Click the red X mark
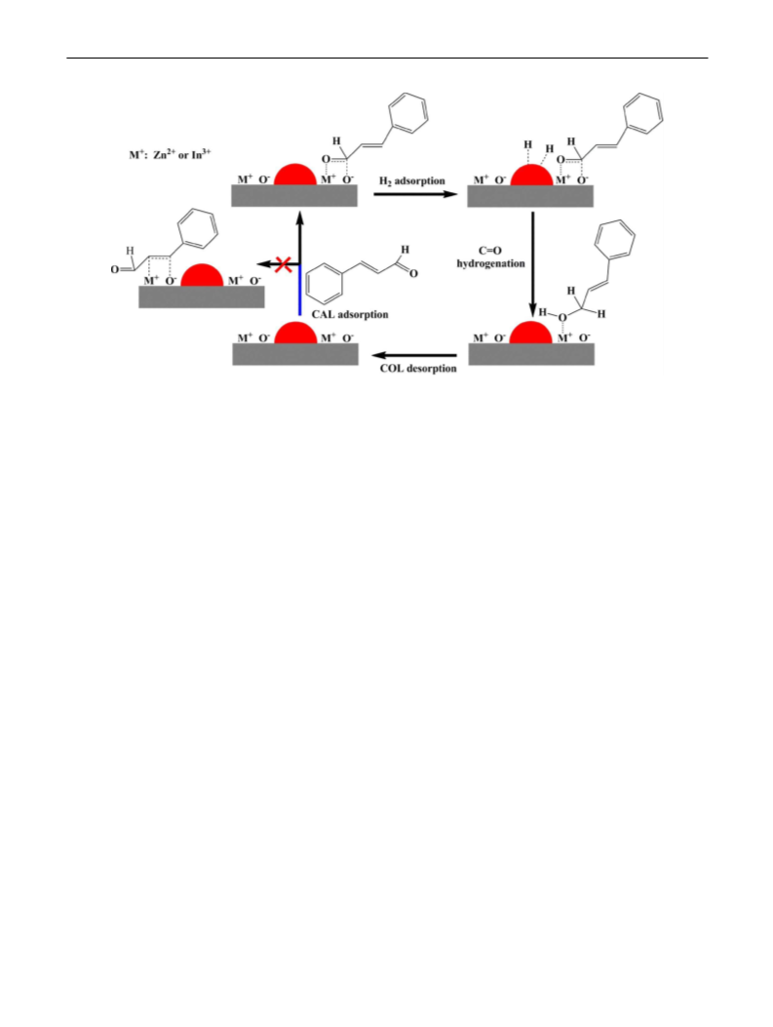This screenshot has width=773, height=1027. pos(284,264)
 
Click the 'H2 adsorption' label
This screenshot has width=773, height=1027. pos(412,180)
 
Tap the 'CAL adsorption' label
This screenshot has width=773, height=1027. pos(350,314)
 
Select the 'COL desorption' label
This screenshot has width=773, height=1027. pos(418,369)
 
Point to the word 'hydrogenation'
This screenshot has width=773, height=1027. pos(491,264)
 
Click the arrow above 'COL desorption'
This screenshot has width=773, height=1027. pos(414,355)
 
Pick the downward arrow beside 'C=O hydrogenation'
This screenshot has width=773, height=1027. pos(533,263)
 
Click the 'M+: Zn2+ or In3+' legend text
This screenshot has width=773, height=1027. pos(170,155)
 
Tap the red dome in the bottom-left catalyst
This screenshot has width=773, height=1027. pos(295,333)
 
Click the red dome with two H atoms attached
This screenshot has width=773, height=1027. pos(531,175)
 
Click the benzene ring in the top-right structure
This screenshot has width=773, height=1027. pos(642,114)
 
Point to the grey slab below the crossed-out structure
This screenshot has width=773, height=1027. pos(202,297)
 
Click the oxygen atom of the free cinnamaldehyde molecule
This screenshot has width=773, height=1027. pos(413,274)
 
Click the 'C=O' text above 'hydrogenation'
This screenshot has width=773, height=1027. pos(490,251)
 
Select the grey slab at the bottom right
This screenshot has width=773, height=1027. pos(531,354)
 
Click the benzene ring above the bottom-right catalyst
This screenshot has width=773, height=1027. pos(615,239)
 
